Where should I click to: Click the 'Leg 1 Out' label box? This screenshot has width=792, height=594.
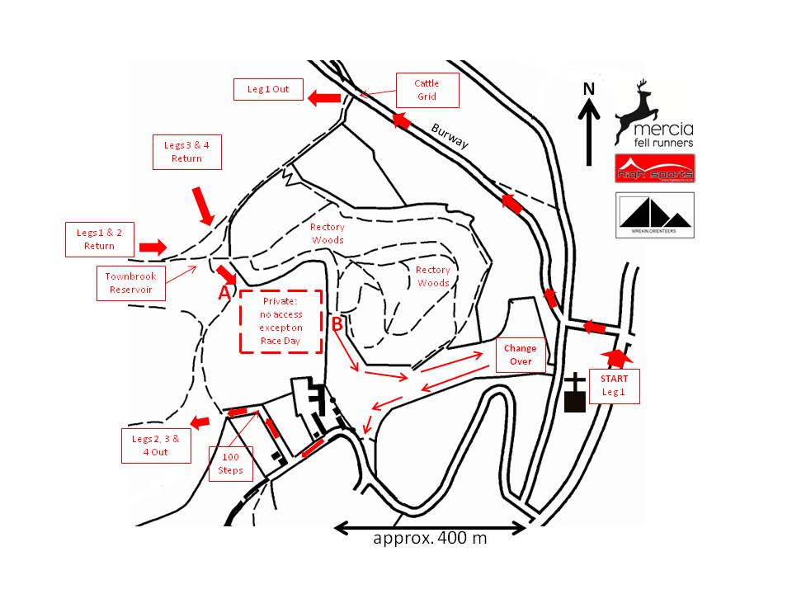(268, 89)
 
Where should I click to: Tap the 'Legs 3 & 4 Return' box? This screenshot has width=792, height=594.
(186, 152)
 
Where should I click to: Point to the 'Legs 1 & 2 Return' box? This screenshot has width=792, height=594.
(99, 239)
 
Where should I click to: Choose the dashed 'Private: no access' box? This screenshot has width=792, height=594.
(280, 321)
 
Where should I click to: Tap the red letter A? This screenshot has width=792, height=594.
(223, 293)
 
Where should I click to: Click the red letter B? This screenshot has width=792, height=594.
(337, 324)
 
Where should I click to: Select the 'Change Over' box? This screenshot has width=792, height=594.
(521, 355)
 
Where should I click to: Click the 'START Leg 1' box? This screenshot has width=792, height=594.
(614, 385)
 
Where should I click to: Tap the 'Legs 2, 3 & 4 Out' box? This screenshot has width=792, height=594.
(156, 445)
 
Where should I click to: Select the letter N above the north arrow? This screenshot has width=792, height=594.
(588, 89)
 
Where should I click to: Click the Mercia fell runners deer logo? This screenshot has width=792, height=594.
(654, 114)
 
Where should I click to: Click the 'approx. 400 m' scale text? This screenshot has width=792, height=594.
(430, 539)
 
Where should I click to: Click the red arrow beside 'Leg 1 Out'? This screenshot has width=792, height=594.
(324, 99)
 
